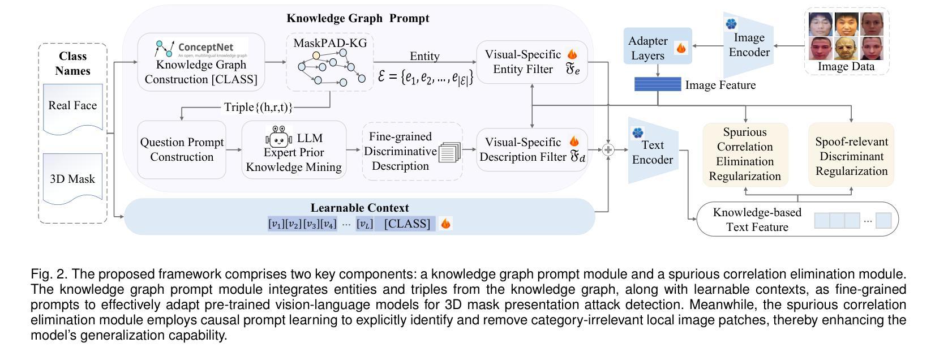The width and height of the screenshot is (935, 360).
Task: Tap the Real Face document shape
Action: [x=72, y=108]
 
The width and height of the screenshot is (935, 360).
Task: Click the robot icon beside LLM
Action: [x=278, y=138]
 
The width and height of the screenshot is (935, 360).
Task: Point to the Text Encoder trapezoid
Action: [x=653, y=151]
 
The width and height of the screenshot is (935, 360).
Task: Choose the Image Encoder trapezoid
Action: [x=749, y=45]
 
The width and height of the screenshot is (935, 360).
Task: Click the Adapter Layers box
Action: [x=658, y=48]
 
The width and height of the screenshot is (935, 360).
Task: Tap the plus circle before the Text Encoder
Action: [x=608, y=150]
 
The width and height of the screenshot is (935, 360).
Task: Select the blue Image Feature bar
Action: [x=658, y=84]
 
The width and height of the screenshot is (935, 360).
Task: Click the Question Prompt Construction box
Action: [x=182, y=149]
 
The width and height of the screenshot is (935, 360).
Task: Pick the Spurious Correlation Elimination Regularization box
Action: [x=745, y=154]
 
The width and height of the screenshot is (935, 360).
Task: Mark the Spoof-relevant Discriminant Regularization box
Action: [x=851, y=156]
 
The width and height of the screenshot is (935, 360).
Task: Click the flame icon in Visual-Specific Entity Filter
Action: [x=572, y=54]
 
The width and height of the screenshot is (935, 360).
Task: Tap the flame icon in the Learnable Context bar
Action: [x=446, y=224]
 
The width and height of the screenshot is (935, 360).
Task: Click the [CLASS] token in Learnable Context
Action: [x=407, y=224]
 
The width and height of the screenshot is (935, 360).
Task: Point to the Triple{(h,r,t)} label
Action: [x=258, y=107]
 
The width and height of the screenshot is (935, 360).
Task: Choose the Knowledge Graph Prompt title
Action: [x=358, y=18]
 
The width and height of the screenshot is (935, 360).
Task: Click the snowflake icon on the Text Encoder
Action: [x=638, y=133]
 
